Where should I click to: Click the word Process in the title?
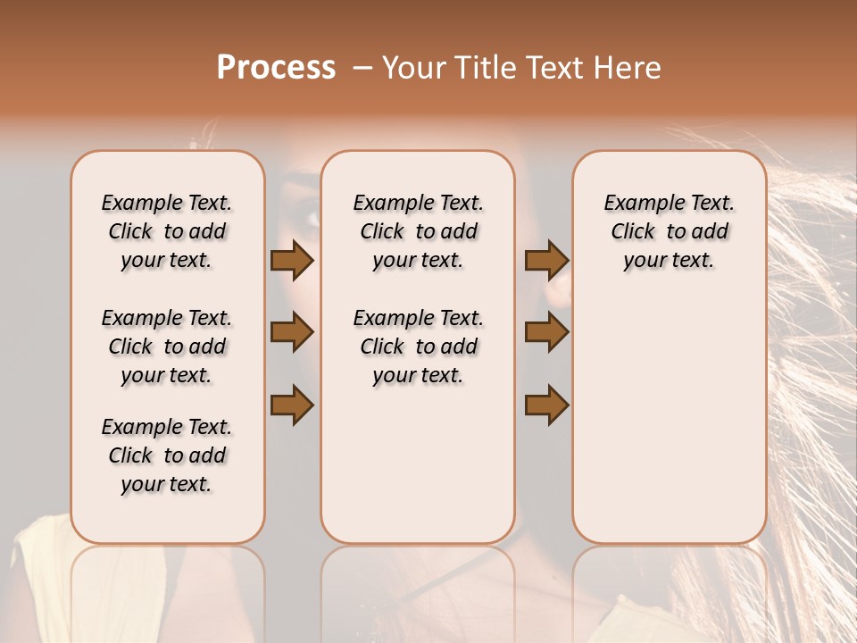tap(276, 68)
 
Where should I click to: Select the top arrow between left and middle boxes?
tap(292, 260)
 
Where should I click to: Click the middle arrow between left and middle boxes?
tap(292, 332)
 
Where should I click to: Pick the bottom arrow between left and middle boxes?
tap(292, 404)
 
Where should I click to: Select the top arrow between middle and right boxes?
tap(546, 260)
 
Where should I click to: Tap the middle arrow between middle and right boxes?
tap(546, 332)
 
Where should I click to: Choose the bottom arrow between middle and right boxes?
tap(546, 404)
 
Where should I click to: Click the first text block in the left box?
tap(167, 231)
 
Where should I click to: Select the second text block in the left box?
tap(167, 347)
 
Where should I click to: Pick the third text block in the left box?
tap(167, 455)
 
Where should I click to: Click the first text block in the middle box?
tap(418, 231)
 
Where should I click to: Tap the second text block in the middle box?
tap(418, 347)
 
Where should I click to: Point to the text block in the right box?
tap(669, 231)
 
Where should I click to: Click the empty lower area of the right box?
tap(669, 420)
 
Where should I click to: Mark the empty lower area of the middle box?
tap(418, 473)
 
